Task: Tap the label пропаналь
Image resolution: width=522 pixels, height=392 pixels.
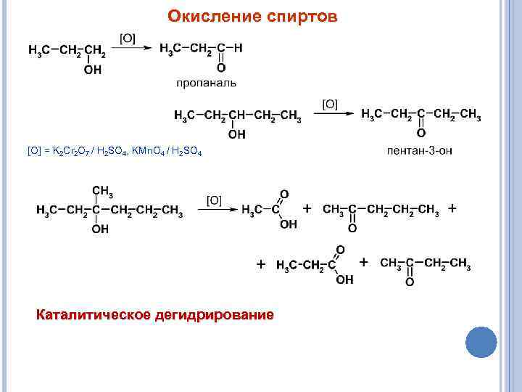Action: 206,83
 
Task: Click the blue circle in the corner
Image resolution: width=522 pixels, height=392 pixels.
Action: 480,341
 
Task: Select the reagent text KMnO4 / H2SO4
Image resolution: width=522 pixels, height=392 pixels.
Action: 166,152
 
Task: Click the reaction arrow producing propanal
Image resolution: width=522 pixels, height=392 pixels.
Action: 134,48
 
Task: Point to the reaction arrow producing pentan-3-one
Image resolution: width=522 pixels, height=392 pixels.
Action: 338,114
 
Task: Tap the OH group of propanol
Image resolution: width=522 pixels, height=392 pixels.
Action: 93,70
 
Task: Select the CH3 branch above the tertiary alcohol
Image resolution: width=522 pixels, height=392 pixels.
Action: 101,192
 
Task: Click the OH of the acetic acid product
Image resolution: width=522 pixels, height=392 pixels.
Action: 288,224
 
